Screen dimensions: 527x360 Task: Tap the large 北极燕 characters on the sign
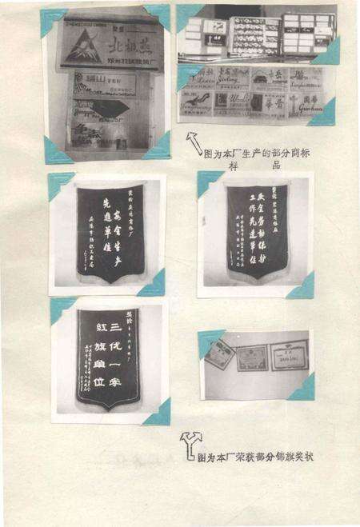click(x=129, y=42)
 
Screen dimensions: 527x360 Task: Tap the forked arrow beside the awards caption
click(x=190, y=442)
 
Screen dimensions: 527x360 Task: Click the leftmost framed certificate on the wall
click(x=219, y=354)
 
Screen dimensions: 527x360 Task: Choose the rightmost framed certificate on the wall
click(x=289, y=354)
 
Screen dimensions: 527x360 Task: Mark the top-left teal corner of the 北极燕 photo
click(x=50, y=18)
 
